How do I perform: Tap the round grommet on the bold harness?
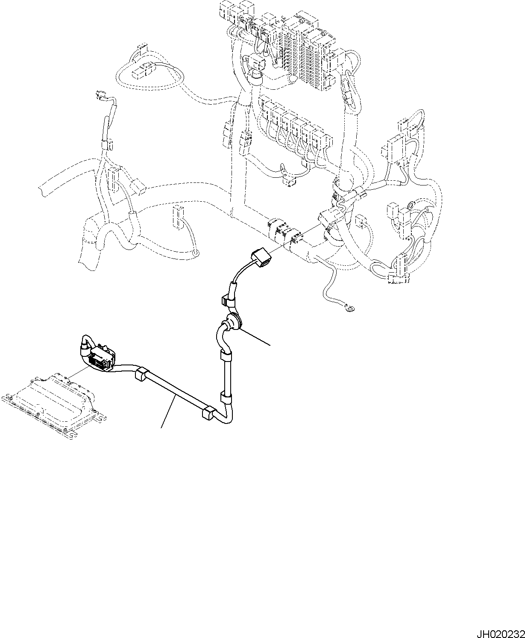tap(233, 321)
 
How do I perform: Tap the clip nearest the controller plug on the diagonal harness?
tap(141, 375)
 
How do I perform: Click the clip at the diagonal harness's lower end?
tap(207, 413)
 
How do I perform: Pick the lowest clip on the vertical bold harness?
tap(226, 397)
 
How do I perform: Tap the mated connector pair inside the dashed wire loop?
tap(144, 70)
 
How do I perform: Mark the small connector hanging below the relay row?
tap(290, 182)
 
